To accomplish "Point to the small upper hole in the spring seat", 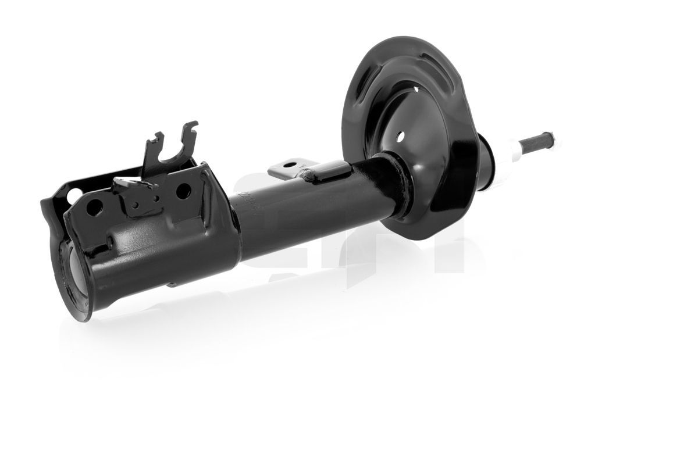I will (417, 89).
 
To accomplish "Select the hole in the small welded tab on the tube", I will (290, 164).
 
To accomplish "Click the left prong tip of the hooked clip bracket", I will (158, 137).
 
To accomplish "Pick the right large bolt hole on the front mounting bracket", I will (183, 189).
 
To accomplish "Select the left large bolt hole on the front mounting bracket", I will (95, 206).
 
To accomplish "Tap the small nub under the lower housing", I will (171, 284).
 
